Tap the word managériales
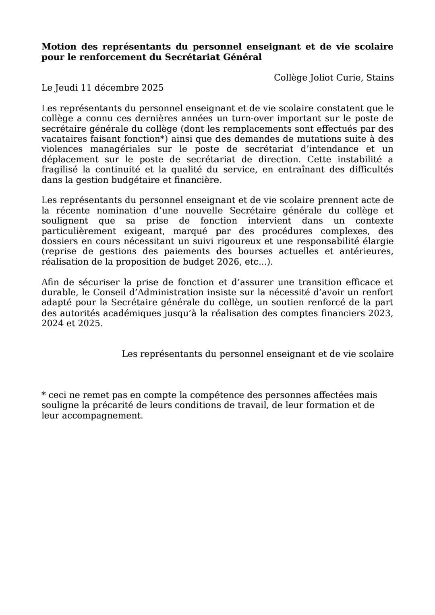point(120,149)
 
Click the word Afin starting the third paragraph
point(50,282)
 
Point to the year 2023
point(379,313)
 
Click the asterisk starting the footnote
point(44,394)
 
